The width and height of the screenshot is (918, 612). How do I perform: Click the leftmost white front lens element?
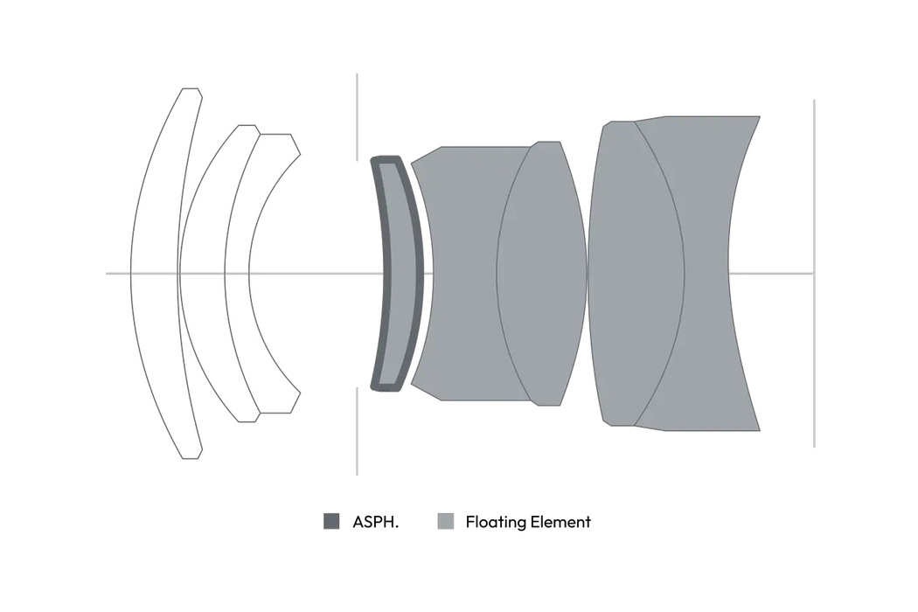(x=153, y=274)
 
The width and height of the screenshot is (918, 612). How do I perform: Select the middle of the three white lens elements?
(x=202, y=274)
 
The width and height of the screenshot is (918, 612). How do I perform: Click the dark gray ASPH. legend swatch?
(x=331, y=521)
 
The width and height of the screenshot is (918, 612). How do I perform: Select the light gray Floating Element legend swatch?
(x=446, y=521)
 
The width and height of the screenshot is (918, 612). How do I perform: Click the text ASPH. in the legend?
(x=375, y=522)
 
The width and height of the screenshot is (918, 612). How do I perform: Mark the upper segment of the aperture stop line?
(x=357, y=117)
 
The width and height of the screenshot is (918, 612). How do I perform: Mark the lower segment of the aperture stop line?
(x=357, y=431)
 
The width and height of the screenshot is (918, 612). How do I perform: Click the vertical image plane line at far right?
(x=814, y=274)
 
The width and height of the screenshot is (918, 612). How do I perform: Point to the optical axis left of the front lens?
(x=118, y=274)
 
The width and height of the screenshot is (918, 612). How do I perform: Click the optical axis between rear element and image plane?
(x=771, y=274)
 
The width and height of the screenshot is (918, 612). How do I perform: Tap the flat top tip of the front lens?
(x=191, y=89)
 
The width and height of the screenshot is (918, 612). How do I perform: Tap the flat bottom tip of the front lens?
(x=191, y=458)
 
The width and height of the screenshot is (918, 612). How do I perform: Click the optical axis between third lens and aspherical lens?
(x=316, y=274)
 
